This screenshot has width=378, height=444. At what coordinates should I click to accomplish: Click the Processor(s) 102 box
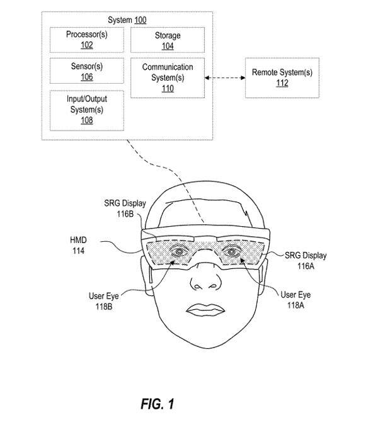[x=87, y=40]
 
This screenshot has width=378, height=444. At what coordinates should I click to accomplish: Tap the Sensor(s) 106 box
[x=87, y=71]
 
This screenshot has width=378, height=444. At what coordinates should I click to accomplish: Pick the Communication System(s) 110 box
[x=168, y=77]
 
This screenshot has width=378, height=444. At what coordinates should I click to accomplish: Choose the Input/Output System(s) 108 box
[x=87, y=110]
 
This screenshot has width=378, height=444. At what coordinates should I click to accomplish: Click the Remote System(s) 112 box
[x=282, y=77]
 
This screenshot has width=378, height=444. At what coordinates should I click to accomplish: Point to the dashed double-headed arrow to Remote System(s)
[x=225, y=77]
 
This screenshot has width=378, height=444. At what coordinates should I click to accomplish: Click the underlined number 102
[x=87, y=45]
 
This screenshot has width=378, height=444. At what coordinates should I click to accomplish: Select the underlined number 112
[x=282, y=83]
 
